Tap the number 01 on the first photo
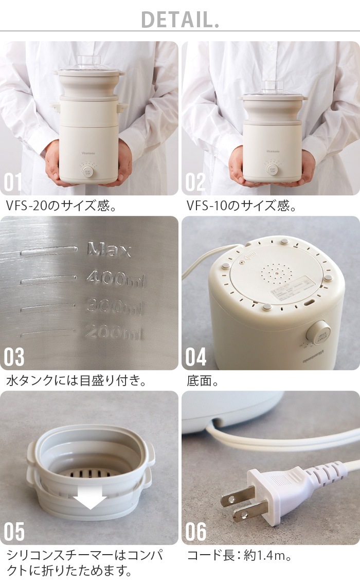pos(13,183)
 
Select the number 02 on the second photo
pos(196,183)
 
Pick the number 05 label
pos(14,533)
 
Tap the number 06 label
pos(196,533)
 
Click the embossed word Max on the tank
pos(109,250)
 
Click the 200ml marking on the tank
pos(113,333)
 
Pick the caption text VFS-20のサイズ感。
pos(62,206)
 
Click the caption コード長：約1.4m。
pos(241,556)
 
